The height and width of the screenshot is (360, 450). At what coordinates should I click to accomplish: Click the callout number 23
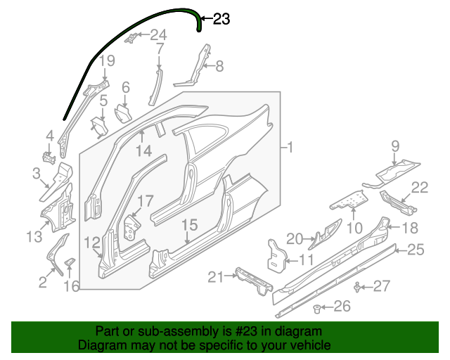221,20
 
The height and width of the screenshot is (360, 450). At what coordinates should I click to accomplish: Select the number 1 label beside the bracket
290,148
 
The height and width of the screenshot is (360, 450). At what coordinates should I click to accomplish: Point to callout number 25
416,249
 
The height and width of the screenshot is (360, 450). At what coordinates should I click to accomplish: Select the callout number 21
216,278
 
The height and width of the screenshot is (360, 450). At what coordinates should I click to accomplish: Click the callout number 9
395,146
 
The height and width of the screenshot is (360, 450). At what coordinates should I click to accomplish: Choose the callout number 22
419,187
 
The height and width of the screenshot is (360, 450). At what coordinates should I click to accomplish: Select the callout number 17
144,202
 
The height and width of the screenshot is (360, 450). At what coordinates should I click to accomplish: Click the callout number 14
143,150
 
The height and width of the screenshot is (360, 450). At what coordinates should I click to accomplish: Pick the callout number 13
34,237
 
